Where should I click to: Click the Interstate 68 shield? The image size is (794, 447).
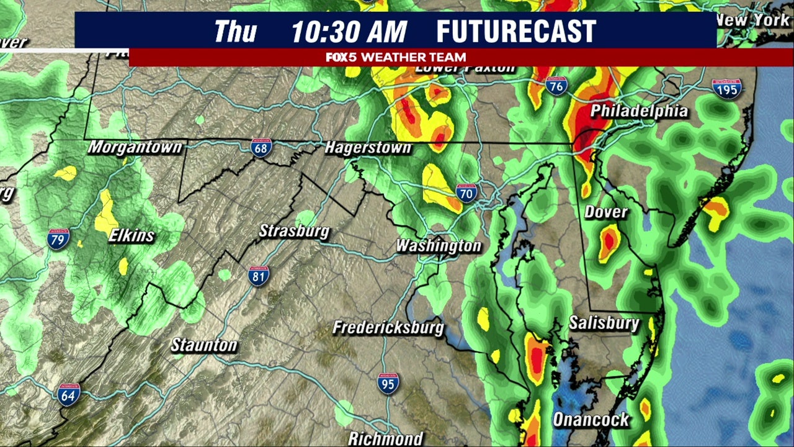[261, 147]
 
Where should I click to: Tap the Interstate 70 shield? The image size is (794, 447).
[466, 193]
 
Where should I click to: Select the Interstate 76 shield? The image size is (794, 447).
[556, 86]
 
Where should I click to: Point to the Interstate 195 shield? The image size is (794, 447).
[726, 89]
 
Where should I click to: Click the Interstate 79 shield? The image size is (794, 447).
[58, 238]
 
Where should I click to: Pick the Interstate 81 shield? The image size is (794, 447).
[259, 276]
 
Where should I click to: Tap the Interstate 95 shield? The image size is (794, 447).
[388, 383]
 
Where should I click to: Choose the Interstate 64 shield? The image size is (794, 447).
[68, 394]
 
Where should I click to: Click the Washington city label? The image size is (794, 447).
[439, 245]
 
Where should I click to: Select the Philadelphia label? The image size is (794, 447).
[639, 111]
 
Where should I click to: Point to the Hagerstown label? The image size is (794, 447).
[368, 148]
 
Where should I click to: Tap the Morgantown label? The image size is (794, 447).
[135, 147]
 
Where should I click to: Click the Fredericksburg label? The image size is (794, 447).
[388, 327]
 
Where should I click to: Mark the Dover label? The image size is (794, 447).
[606, 212]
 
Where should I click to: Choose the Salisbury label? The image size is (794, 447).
[604, 323]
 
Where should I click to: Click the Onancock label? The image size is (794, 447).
[591, 420]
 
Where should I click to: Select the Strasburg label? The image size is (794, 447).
[293, 231]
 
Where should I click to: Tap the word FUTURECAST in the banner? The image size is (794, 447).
[516, 32]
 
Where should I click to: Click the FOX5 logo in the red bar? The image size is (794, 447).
[342, 57]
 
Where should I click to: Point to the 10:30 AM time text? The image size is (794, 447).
[349, 32]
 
